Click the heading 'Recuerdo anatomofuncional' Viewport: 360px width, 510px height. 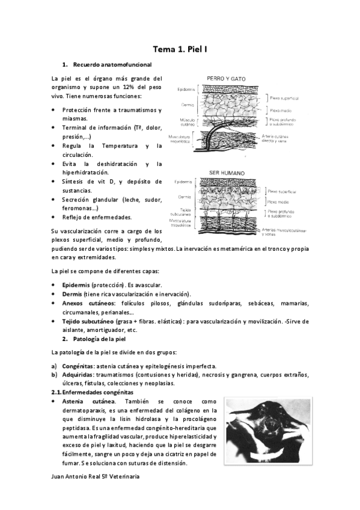(112, 64)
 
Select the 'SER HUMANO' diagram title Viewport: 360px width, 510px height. (224, 171)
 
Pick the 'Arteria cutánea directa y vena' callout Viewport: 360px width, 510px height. (282, 139)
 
